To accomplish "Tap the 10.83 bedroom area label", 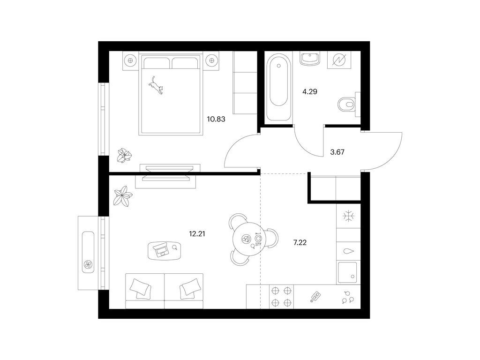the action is (216, 119).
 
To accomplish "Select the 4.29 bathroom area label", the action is (310, 91).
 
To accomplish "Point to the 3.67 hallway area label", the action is (337, 152).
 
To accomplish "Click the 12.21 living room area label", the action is (197, 234).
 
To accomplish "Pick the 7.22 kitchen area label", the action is (300, 243).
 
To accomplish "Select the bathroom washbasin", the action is (310, 59).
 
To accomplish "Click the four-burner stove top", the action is (281, 297).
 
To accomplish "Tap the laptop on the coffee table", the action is (161, 250).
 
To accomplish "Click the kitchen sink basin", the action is (347, 272).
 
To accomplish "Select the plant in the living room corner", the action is (123, 195).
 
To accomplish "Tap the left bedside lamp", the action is (131, 60).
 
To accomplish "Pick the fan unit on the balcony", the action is (88, 265).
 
